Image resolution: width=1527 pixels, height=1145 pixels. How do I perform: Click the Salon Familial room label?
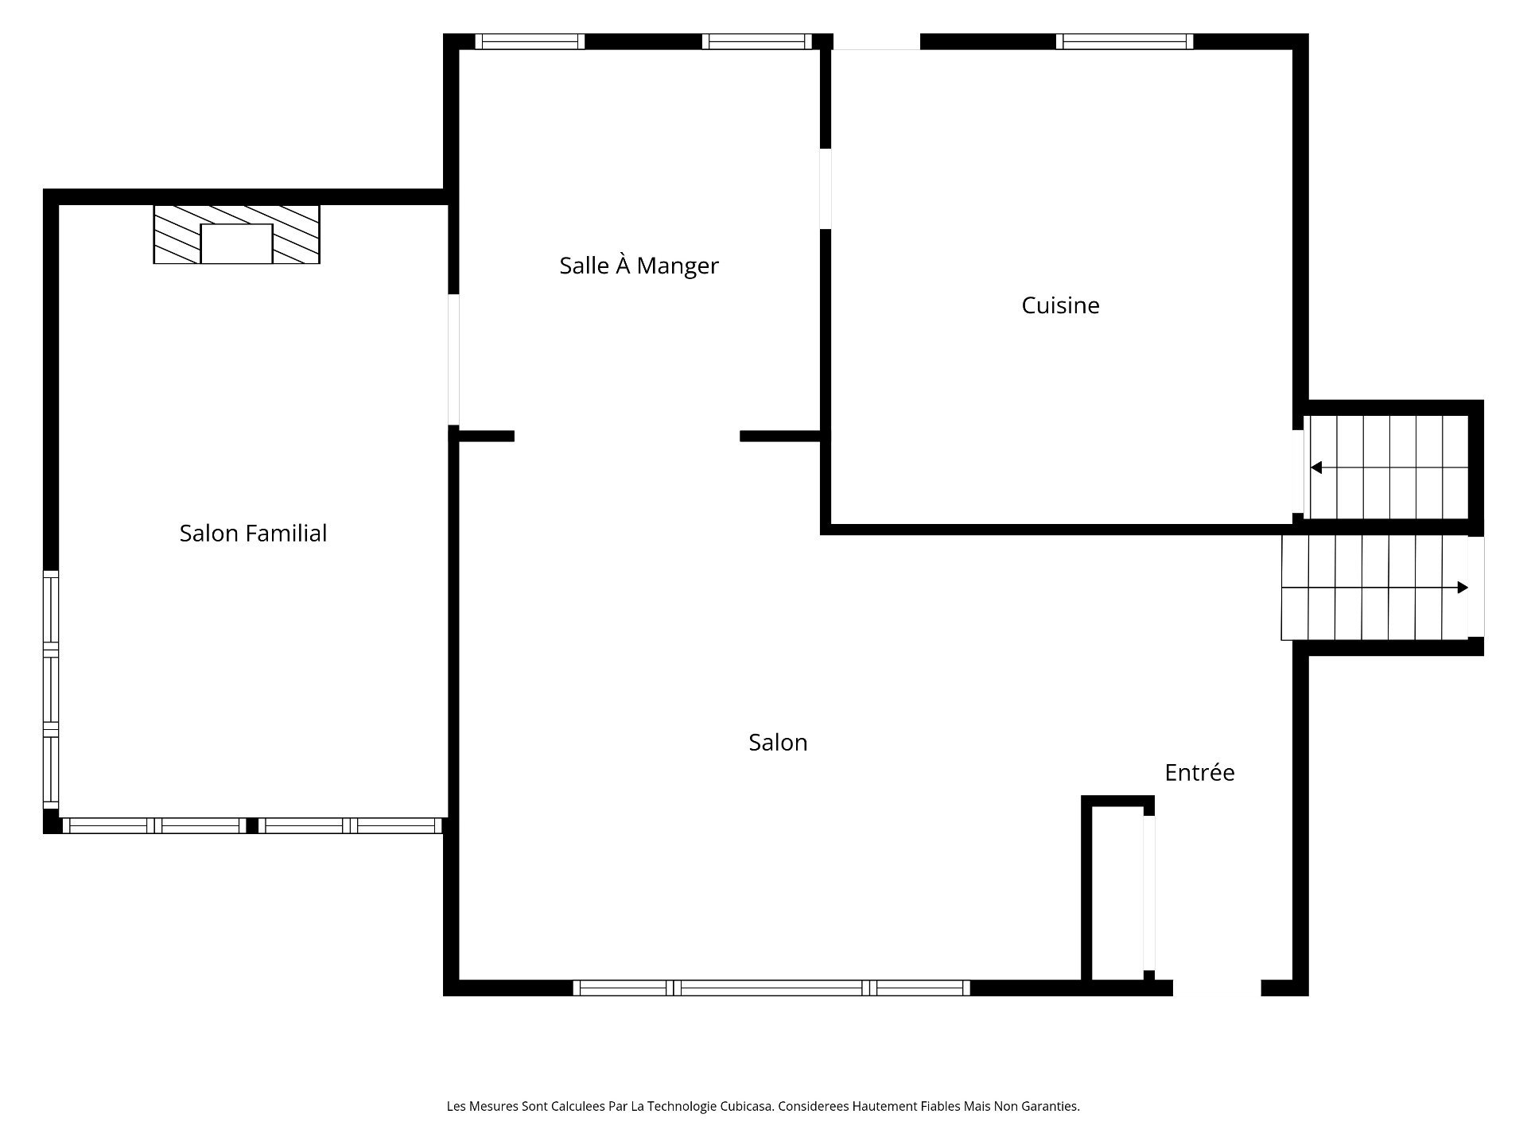pos(253,533)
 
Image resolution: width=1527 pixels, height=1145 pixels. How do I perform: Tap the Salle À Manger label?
pos(639,265)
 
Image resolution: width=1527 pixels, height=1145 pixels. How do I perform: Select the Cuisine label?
pos(1060,305)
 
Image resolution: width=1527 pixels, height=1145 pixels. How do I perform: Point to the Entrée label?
pos(1199,772)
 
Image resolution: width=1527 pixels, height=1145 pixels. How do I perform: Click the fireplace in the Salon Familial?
pos(236,234)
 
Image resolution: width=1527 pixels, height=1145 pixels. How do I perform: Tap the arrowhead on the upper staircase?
pos(1316,468)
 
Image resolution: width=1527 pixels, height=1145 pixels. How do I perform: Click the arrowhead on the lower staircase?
pos(1463,588)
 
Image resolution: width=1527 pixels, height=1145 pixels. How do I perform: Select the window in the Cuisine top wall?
pos(1125,41)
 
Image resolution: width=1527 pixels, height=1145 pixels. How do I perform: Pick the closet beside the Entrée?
pos(1117,888)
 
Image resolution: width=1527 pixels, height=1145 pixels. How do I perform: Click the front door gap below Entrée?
pos(1217,988)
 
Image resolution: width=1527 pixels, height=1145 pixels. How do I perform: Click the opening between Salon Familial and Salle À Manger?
pos(453,359)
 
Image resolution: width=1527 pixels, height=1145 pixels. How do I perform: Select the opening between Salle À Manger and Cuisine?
pos(826,188)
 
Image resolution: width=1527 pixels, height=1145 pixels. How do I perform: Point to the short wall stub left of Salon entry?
pos(486,436)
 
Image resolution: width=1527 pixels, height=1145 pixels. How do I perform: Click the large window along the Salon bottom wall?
pos(771,988)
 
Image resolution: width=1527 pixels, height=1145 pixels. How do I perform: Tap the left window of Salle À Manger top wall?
pos(530,41)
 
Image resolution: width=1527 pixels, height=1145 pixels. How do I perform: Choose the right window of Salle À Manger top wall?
pos(757,41)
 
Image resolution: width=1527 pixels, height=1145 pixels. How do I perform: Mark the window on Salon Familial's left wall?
pos(51,690)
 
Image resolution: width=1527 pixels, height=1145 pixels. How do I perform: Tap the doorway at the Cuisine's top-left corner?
pos(876,41)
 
